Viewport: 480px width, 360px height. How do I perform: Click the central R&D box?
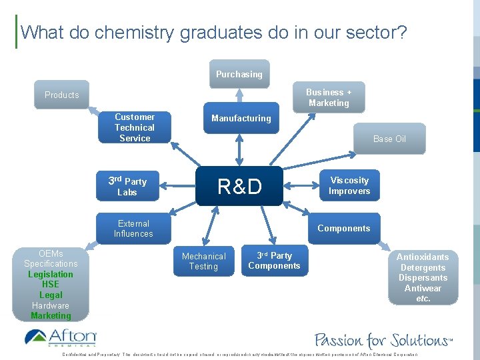tap(239, 187)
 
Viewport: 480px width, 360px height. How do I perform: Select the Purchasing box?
tap(239, 74)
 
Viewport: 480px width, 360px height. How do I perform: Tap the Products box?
tap(61, 95)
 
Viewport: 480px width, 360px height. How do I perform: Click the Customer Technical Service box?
tap(134, 127)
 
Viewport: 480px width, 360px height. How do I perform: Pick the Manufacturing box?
tap(241, 118)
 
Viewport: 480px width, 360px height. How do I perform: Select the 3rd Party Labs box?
tap(127, 187)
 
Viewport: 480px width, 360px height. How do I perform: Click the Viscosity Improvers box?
tap(349, 185)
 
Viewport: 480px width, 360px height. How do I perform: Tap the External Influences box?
tap(133, 229)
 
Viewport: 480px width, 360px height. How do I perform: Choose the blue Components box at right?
tap(343, 228)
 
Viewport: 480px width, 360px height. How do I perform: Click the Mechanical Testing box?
tap(203, 261)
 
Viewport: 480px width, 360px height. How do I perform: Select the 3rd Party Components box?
tap(274, 261)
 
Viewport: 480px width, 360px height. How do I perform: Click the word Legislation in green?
tap(51, 274)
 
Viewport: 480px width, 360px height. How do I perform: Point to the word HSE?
tap(51, 284)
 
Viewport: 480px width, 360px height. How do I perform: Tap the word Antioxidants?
tap(423, 257)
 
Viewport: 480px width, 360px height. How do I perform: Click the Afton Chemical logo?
tap(60, 337)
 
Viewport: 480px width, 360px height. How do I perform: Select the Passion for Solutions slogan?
tap(383, 339)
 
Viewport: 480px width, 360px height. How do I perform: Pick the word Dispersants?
tap(423, 277)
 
